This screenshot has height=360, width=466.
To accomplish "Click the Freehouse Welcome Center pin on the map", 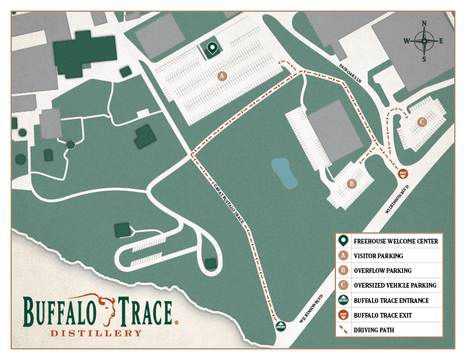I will point(212,48).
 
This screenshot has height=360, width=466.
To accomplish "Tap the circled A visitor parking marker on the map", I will point(222,76).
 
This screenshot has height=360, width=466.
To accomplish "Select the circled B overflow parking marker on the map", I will point(352,184).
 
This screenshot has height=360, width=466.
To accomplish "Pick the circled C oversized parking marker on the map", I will point(421,122).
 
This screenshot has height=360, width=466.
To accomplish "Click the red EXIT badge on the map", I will point(403,173).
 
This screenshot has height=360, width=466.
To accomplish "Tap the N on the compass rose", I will point(424,24).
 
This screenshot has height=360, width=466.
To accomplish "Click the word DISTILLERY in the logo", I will point(96,333).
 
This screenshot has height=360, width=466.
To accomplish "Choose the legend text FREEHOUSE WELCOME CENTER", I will point(395,241).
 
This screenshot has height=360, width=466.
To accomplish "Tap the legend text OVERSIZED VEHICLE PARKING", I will point(395,286).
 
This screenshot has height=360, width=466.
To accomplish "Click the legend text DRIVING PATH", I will point(374,331).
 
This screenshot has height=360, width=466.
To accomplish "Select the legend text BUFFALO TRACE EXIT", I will point(382,315).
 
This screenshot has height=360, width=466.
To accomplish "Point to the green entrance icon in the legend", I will point(344,301).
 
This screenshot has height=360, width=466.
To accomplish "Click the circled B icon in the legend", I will point(344,271).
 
